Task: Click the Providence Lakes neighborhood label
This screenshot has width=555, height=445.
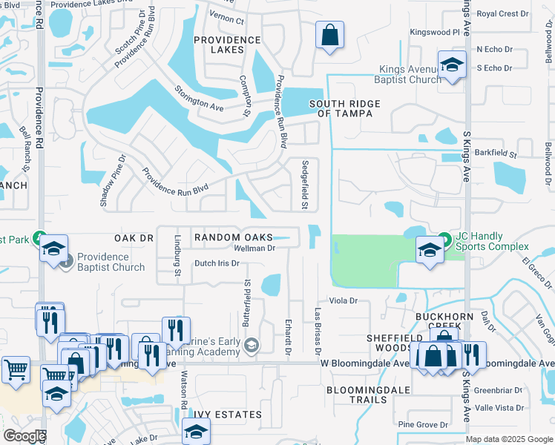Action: pos(227,44)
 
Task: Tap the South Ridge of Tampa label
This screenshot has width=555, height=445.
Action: pos(345,108)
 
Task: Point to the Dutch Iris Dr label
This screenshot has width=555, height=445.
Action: pos(217,263)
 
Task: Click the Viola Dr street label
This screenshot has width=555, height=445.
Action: pos(344,301)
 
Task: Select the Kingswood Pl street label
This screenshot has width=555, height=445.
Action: pos(436,33)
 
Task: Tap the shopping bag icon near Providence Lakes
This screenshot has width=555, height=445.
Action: pos(329,35)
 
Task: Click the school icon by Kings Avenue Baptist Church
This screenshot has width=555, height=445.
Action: pos(450,64)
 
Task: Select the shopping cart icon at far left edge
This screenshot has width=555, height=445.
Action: pos(15,369)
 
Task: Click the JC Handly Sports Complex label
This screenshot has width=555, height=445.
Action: pos(492,242)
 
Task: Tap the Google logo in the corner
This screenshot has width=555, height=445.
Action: pos(24,437)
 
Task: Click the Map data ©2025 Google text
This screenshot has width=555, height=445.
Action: pos(508,439)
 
